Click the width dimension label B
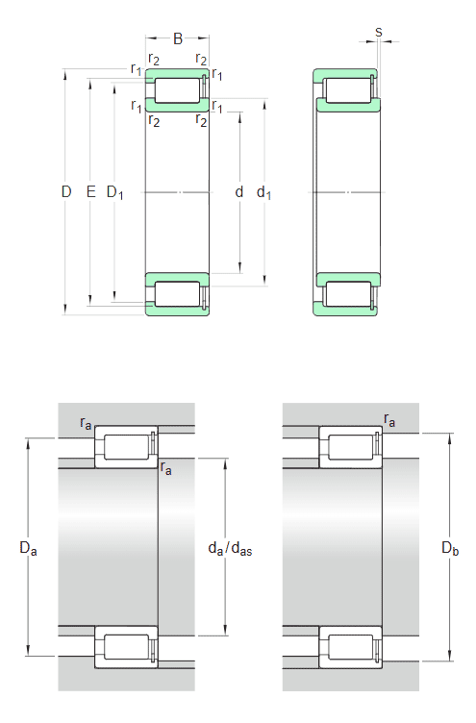(x=178, y=39)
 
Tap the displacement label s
(x=378, y=32)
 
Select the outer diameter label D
(x=66, y=192)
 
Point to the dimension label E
(x=90, y=192)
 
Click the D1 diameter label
(x=114, y=193)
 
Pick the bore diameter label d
(x=239, y=192)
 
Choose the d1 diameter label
(x=263, y=193)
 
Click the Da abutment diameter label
(x=28, y=548)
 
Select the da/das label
(x=230, y=548)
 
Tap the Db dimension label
(x=450, y=548)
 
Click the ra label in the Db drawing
(x=389, y=419)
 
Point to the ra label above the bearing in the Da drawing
(x=87, y=422)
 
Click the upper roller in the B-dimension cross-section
(x=176, y=91)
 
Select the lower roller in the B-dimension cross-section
(x=176, y=294)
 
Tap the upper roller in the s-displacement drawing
(x=345, y=91)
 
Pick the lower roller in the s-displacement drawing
(x=345, y=294)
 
